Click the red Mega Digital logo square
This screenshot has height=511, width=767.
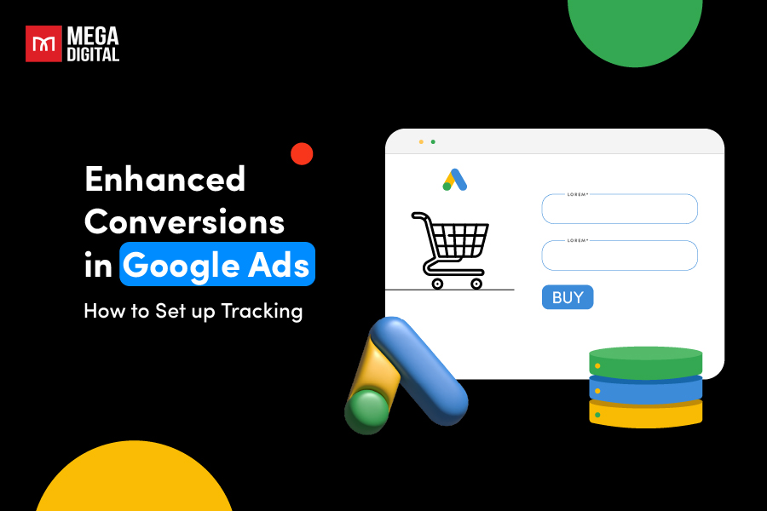click(43, 43)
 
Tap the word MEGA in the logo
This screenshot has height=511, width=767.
click(95, 36)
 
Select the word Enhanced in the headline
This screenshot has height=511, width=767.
click(164, 179)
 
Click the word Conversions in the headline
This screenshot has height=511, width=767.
click(184, 222)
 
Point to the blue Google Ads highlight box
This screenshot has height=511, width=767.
click(217, 265)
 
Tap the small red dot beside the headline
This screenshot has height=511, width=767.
click(302, 154)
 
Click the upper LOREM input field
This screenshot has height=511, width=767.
click(620, 210)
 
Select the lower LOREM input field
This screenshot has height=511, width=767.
click(620, 255)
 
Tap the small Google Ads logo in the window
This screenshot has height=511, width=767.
click(454, 180)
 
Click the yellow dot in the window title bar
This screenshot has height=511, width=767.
click(421, 141)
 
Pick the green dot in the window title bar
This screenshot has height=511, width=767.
click(433, 141)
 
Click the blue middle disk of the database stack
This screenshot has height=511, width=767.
click(645, 388)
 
